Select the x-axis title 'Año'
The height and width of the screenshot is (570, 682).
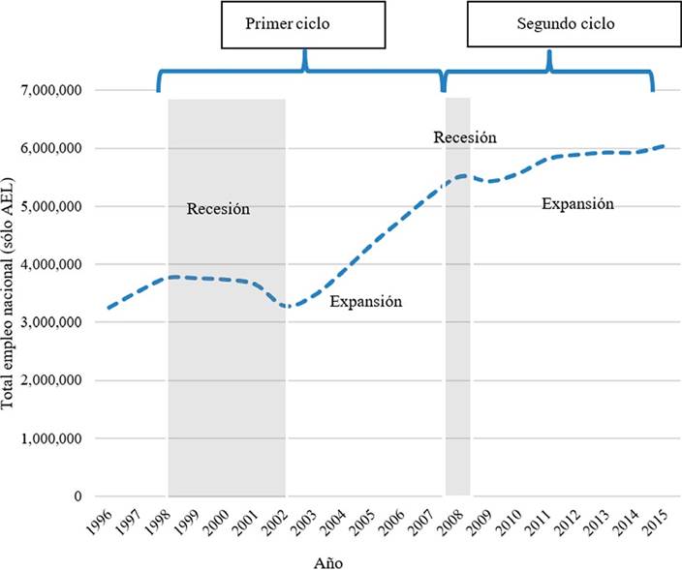[x=326, y=561]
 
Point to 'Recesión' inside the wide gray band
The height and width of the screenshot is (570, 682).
[x=218, y=208]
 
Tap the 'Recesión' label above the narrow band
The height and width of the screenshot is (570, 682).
[x=465, y=137]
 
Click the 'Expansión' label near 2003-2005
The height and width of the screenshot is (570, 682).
[x=365, y=301]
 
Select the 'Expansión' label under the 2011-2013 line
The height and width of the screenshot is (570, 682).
[x=577, y=203]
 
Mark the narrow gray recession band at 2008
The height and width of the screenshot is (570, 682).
[x=458, y=290]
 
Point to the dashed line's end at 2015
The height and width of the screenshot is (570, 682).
[x=665, y=146]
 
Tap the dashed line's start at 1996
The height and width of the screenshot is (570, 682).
[x=108, y=308]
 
